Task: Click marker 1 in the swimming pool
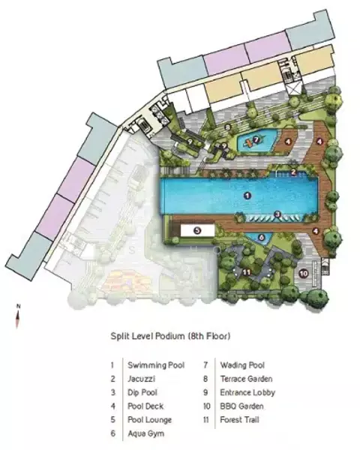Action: [x=247, y=196]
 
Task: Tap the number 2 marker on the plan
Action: [x=293, y=172]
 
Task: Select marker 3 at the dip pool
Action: [x=277, y=214]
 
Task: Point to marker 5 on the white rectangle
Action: [x=197, y=230]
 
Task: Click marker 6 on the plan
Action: [x=261, y=237]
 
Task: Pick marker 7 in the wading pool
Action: [x=256, y=140]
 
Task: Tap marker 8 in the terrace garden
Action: [x=228, y=127]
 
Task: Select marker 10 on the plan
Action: [x=304, y=274]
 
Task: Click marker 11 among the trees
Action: [x=247, y=271]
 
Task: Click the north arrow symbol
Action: [x=17, y=316]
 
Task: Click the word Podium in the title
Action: [x=170, y=336]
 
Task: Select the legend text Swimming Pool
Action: [x=156, y=365]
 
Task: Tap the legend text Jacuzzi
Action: [x=141, y=379]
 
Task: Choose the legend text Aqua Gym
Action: [x=145, y=433]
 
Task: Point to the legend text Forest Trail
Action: [x=239, y=420]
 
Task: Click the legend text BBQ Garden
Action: [x=241, y=406]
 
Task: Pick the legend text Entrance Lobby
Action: [x=247, y=392]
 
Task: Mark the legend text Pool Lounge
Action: [x=149, y=420]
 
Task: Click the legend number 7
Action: [x=205, y=365]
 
